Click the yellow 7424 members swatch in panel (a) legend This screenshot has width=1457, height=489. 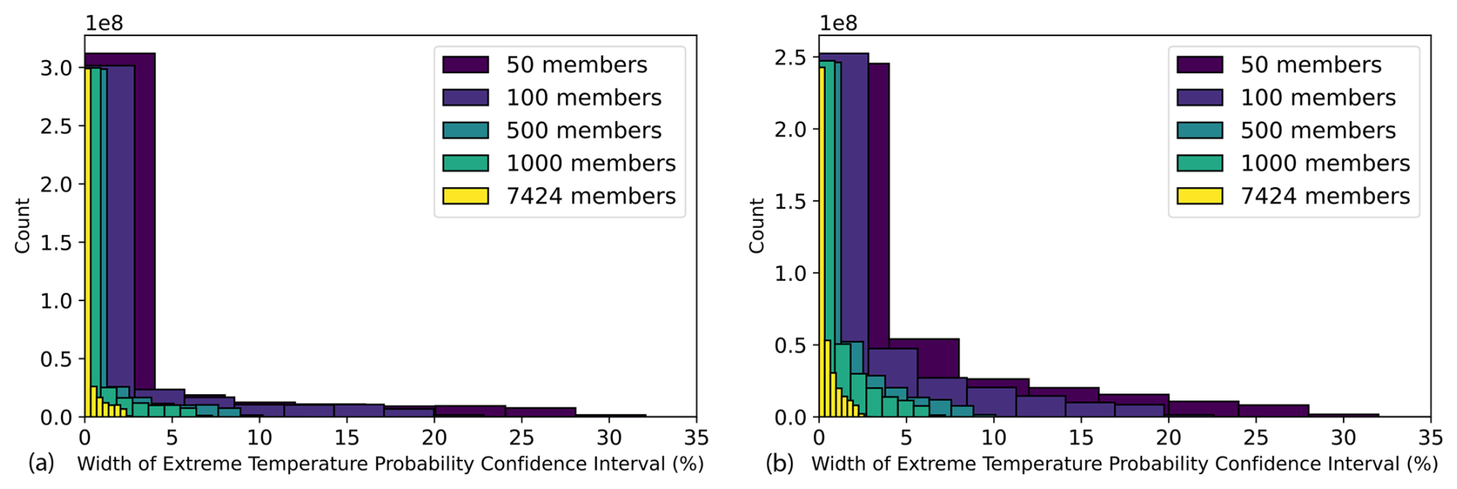click(x=465, y=196)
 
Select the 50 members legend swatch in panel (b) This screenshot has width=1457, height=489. click(x=1199, y=65)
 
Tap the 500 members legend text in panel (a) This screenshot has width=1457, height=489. click(x=584, y=130)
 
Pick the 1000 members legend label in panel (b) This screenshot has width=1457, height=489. click(x=1325, y=163)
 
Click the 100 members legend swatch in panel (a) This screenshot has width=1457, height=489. click(x=465, y=98)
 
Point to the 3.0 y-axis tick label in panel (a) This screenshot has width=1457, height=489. click(x=56, y=69)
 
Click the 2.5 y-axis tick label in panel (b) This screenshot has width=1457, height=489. click(x=790, y=58)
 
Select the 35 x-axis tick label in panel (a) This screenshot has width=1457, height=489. click(x=696, y=437)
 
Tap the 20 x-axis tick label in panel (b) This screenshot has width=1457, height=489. click(x=1168, y=437)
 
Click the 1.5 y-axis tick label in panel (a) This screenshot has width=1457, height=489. click(x=56, y=243)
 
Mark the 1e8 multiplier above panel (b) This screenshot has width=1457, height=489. click(x=838, y=23)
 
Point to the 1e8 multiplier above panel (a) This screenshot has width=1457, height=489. click(x=104, y=23)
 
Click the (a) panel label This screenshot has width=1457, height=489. click(x=42, y=464)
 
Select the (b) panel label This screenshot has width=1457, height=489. click(x=780, y=464)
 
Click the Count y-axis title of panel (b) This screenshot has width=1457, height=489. click(x=756, y=226)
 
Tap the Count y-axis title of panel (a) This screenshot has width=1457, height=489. click(x=22, y=226)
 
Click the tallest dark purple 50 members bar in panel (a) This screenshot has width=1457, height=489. click(x=145, y=231)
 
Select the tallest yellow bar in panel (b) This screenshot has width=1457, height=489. click(x=822, y=231)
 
